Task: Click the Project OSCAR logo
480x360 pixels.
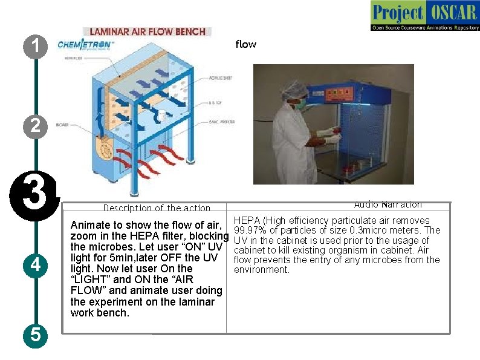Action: [x=424, y=16]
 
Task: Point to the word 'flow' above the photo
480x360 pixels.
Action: [x=245, y=44]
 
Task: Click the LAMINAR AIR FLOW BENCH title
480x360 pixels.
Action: [x=147, y=31]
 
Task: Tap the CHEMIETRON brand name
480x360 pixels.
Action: [x=84, y=45]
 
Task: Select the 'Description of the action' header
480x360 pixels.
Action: [x=156, y=208]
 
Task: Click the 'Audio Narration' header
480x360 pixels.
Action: [x=388, y=205]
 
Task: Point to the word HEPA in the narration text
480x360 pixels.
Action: [x=245, y=221]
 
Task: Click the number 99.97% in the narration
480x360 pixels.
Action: [x=250, y=231]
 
